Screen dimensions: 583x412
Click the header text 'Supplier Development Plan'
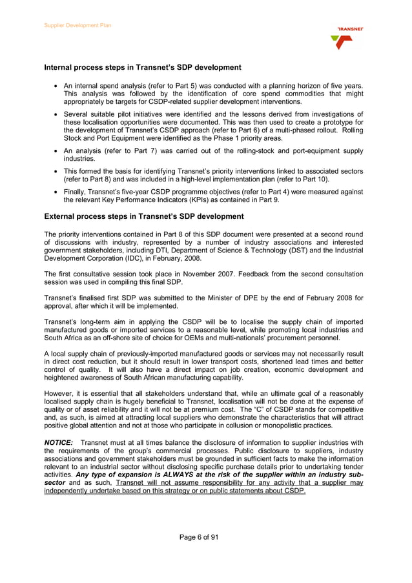pyautogui.click(x=77, y=25)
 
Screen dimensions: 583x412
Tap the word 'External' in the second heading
pyautogui.click(x=59, y=216)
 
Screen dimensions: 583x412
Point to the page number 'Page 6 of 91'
pyautogui.click(x=205, y=537)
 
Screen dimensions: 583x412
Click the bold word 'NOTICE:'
pyautogui.click(x=59, y=442)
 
